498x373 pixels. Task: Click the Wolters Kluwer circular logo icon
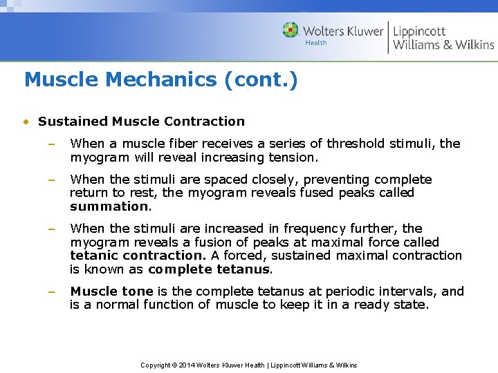coord(290,31)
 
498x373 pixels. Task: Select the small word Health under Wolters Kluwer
coord(316,43)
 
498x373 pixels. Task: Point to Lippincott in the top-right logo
coord(419,31)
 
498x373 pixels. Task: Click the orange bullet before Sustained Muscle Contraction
coord(26,122)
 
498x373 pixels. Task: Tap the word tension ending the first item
coord(295,157)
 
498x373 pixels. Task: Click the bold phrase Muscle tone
coord(111,291)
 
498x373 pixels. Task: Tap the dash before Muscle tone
coord(51,291)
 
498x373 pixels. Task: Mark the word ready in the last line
coord(369,305)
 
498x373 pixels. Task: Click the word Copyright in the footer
coord(156,365)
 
